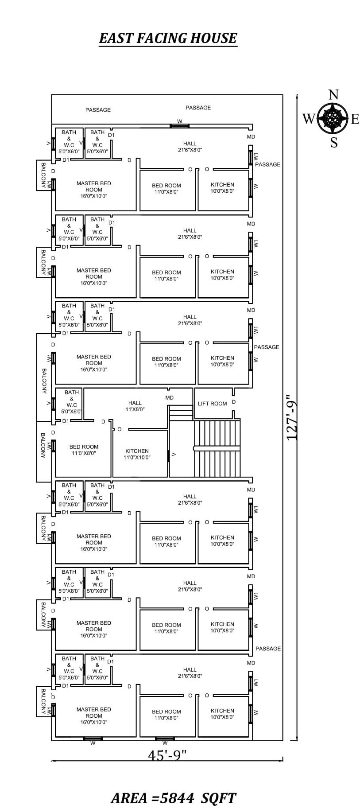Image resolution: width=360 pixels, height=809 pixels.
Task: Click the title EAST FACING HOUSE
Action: click(168, 38)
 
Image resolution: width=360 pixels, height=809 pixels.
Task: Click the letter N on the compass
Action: click(333, 95)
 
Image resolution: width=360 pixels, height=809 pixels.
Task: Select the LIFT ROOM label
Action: click(212, 404)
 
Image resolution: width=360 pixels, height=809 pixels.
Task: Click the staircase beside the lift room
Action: click(217, 448)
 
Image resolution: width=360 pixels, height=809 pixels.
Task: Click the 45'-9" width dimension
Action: click(167, 755)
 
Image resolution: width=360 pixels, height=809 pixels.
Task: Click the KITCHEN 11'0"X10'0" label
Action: click(137, 454)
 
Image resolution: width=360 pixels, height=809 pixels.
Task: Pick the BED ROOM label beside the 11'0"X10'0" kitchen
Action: click(84, 450)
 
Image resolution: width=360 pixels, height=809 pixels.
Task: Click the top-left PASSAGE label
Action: click(98, 110)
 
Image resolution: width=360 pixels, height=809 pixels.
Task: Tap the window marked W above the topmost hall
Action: click(180, 126)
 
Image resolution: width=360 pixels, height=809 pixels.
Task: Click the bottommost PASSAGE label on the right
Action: click(268, 649)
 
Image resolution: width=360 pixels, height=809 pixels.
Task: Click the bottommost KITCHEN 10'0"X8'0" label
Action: click(222, 714)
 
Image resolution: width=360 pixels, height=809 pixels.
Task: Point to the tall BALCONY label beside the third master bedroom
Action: click(44, 381)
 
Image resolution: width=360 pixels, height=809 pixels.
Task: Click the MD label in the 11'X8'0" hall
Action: click(170, 398)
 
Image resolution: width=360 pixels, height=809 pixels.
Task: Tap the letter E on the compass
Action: click(355, 119)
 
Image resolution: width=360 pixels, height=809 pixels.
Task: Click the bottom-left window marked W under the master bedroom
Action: click(93, 739)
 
